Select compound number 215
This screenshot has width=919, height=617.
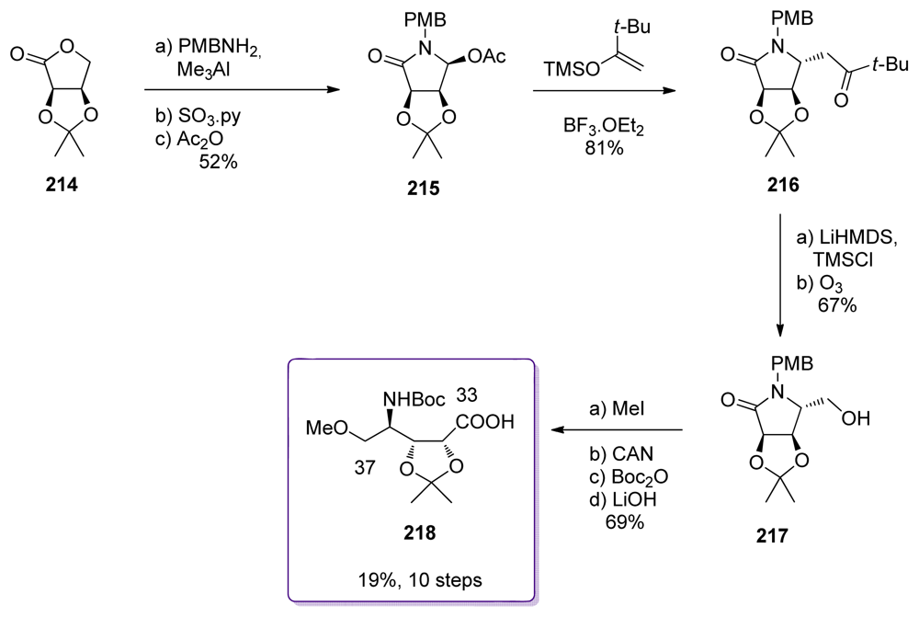[x=425, y=190]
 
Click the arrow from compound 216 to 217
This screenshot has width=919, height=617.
[x=779, y=276]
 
